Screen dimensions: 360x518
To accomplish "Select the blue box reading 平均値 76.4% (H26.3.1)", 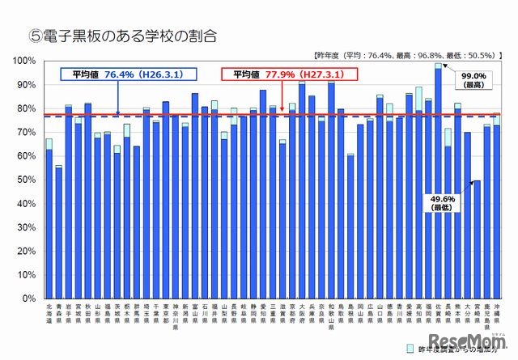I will (122, 74).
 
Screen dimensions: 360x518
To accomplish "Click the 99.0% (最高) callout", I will (470, 78).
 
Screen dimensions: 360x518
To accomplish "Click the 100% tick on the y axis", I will (23, 61).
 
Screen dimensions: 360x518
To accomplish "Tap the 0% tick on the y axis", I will (28, 299).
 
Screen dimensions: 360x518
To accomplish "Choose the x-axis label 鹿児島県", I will (486, 320).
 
